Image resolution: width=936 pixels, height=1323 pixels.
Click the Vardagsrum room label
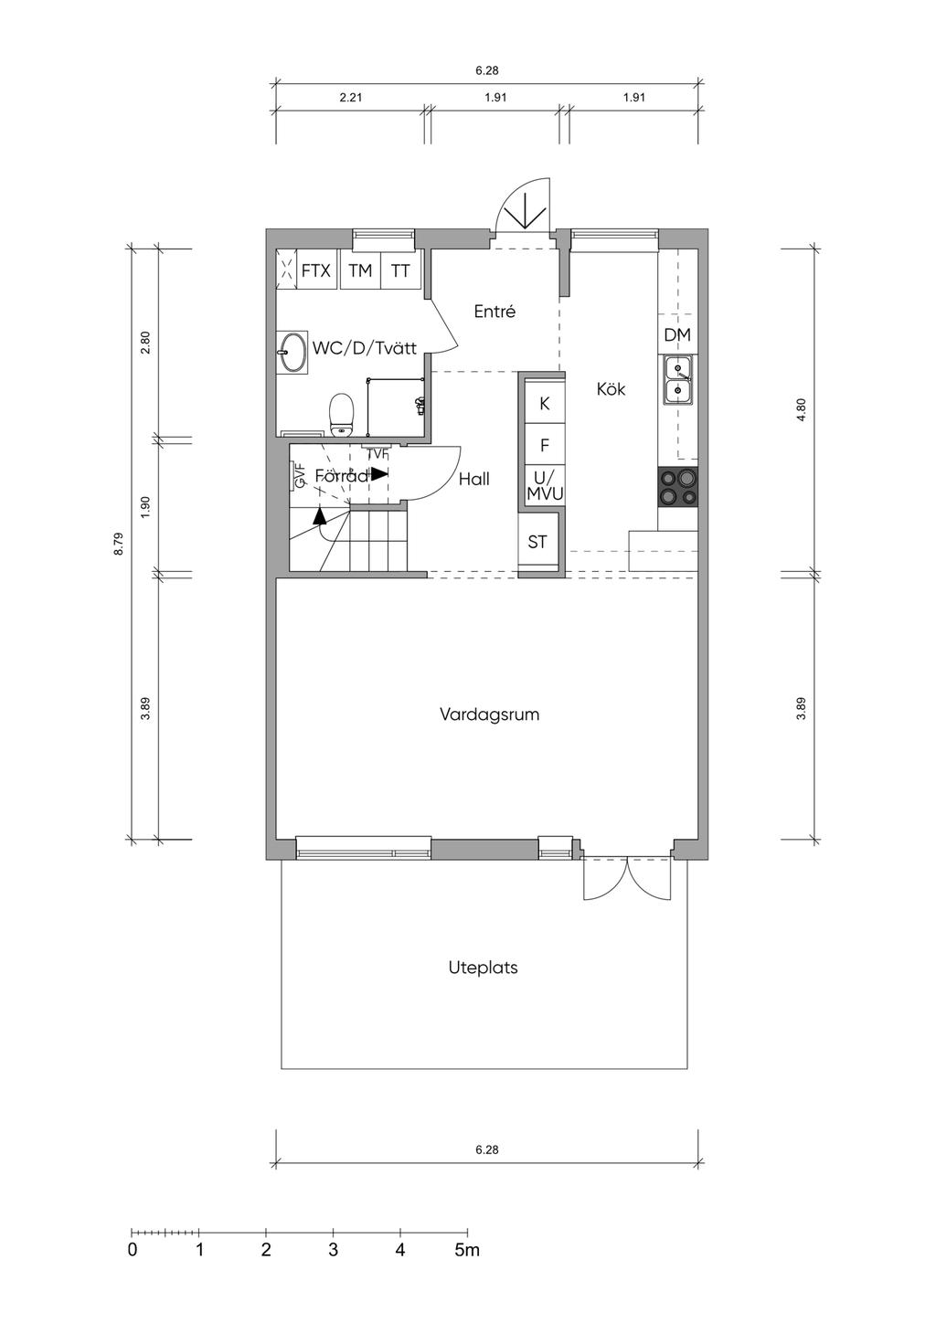pos(489,714)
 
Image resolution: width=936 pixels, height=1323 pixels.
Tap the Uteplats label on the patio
pos(483,968)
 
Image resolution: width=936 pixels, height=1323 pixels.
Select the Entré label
pos(495,312)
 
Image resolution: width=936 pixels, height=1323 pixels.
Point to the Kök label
pos(611,389)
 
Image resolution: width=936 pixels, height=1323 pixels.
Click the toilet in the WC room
pos(341,415)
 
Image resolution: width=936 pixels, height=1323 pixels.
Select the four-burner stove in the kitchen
pos(677,486)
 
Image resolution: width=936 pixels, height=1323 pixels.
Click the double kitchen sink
pos(677,380)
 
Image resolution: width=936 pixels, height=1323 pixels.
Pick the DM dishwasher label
pos(677,335)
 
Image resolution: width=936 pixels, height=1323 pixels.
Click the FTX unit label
pos(316,271)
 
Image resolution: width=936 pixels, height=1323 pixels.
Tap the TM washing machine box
pos(360,270)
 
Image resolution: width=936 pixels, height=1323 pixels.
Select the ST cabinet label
pos(537,542)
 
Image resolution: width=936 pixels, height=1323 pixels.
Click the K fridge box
pos(545,402)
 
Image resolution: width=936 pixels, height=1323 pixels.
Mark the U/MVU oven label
pos(545,485)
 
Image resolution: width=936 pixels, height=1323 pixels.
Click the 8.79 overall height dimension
pos(119,544)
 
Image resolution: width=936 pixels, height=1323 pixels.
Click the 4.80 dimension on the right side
pos(802,409)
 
